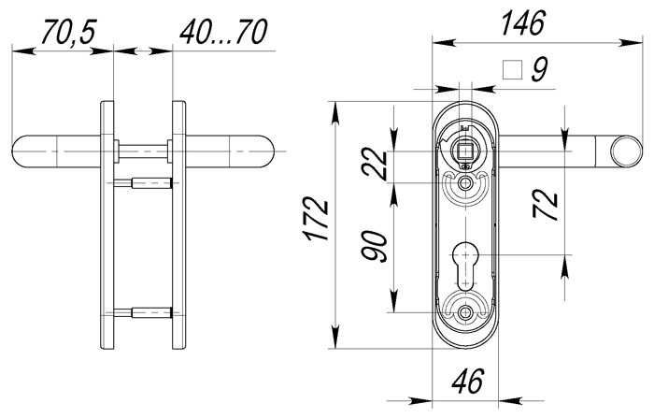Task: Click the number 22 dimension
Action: (376, 165)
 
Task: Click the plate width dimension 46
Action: (464, 382)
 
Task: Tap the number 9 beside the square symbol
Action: (537, 70)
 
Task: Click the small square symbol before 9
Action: (511, 69)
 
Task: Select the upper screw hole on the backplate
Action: (464, 185)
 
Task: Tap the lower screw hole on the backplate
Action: (464, 310)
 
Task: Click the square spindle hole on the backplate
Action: (464, 150)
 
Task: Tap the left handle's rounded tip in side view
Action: (22, 150)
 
